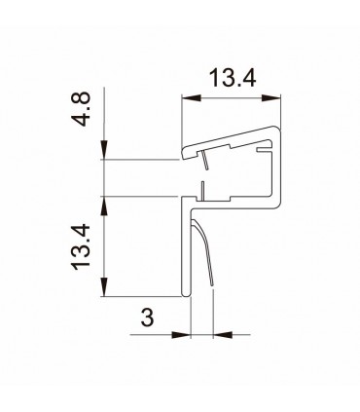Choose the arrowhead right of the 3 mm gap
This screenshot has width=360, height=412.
coord(216,336)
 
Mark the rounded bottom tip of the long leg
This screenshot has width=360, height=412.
coord(184,295)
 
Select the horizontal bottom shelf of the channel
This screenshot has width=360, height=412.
coord(234,206)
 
